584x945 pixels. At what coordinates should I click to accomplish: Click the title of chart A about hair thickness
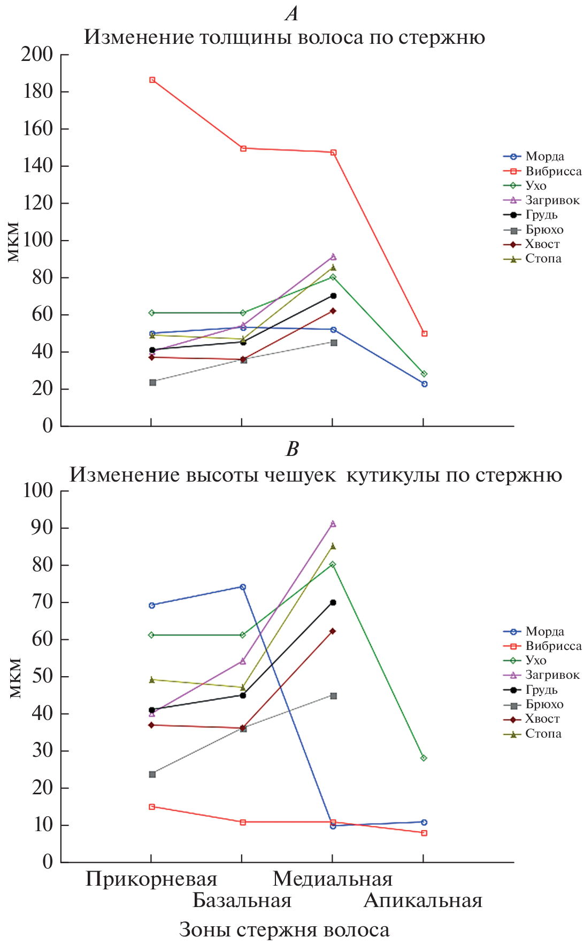(285, 37)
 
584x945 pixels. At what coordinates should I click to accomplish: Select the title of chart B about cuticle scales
(316, 475)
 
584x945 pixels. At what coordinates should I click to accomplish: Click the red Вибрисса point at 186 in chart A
(152, 80)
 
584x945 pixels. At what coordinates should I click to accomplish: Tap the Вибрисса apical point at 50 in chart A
(424, 334)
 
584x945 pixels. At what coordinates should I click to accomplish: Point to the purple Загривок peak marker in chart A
(333, 257)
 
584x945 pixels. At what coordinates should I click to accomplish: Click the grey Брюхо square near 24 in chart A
(152, 382)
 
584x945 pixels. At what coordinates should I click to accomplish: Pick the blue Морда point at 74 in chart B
(243, 587)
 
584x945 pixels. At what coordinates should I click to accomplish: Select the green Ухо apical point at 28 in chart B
(424, 758)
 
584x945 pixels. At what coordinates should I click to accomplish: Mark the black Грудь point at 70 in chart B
(333, 602)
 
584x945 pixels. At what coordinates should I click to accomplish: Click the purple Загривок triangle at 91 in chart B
(333, 524)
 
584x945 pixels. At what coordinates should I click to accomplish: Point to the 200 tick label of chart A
(37, 55)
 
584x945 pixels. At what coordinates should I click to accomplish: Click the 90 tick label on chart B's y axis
(42, 528)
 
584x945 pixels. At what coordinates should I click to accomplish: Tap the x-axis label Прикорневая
(151, 879)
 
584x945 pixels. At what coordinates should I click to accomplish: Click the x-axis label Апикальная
(423, 901)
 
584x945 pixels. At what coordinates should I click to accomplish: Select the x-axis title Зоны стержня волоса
(284, 930)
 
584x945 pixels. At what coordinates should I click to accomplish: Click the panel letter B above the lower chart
(292, 449)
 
